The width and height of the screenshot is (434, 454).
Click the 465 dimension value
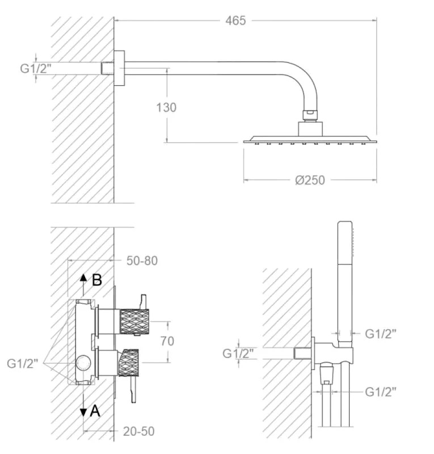pyautogui.click(x=235, y=20)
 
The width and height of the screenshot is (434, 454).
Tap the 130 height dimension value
pyautogui.click(x=166, y=107)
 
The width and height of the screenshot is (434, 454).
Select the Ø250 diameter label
pyautogui.click(x=310, y=180)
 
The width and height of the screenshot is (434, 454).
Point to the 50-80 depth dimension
pyautogui.click(x=142, y=260)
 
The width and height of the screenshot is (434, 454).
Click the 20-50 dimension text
pyautogui.click(x=138, y=431)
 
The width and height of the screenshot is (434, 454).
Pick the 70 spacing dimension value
pyautogui.click(x=167, y=341)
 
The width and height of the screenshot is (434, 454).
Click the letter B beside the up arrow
pyautogui.click(x=97, y=280)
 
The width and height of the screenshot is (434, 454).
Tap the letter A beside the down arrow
pyautogui.click(x=95, y=411)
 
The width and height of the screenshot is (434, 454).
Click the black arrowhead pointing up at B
pyautogui.click(x=83, y=278)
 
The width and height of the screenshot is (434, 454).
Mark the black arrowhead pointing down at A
pyautogui.click(x=83, y=413)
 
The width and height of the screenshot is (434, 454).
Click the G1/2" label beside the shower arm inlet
pyautogui.click(x=36, y=68)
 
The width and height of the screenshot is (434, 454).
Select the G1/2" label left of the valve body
pyautogui.click(x=23, y=363)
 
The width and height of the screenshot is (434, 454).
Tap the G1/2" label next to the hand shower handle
pyautogui.click(x=381, y=334)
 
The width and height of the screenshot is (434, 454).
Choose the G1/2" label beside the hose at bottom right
pyautogui.click(x=381, y=392)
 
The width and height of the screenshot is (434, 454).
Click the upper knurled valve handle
pyautogui.click(x=134, y=321)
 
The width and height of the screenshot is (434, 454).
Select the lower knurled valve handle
pyautogui.click(x=128, y=363)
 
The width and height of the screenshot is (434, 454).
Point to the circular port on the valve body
pyautogui.click(x=83, y=363)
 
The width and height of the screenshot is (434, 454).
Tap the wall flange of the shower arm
pyautogui.click(x=119, y=68)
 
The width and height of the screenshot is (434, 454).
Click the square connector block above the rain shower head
pyautogui.click(x=310, y=129)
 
